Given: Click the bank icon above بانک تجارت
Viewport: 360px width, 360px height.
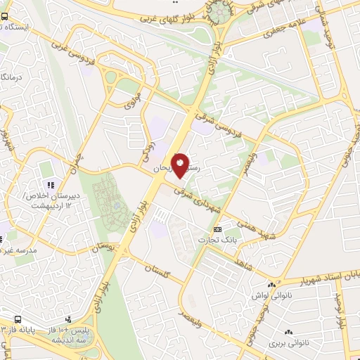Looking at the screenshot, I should tap(217, 229).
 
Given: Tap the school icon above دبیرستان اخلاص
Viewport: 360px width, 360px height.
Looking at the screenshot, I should tap(50, 185).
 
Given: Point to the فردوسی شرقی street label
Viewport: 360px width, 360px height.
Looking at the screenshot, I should tap(221, 115).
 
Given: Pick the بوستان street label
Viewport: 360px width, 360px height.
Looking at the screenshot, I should tap(112, 247).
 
